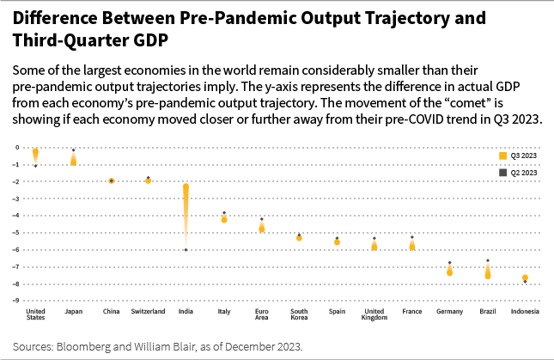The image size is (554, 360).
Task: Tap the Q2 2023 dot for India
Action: click(x=186, y=250)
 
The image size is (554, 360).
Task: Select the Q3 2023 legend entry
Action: click(x=519, y=156)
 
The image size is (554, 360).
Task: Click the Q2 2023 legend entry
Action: click(x=519, y=173)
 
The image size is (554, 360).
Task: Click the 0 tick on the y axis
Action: click(x=16, y=147)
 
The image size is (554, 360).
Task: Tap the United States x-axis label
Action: click(x=36, y=314)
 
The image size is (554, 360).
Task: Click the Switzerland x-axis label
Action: click(x=148, y=311)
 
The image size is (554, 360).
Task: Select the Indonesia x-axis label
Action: click(x=525, y=311)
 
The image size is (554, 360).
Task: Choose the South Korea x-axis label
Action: click(x=299, y=314)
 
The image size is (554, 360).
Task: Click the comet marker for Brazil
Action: click(x=488, y=272)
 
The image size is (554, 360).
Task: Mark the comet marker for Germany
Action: click(x=449, y=271)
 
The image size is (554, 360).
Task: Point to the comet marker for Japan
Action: click(x=74, y=160)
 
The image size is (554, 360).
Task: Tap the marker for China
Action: click(x=112, y=180)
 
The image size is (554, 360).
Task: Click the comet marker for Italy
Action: click(x=224, y=219)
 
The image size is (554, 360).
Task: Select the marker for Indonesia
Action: click(x=525, y=278)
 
